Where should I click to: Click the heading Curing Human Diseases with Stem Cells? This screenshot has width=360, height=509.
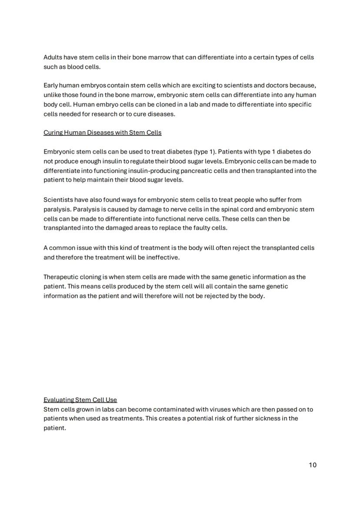pos(102,133)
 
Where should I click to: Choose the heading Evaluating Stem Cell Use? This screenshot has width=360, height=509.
pos(80,400)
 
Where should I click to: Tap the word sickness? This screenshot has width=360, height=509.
pos(268,419)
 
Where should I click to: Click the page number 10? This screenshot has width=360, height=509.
pos(313,465)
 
